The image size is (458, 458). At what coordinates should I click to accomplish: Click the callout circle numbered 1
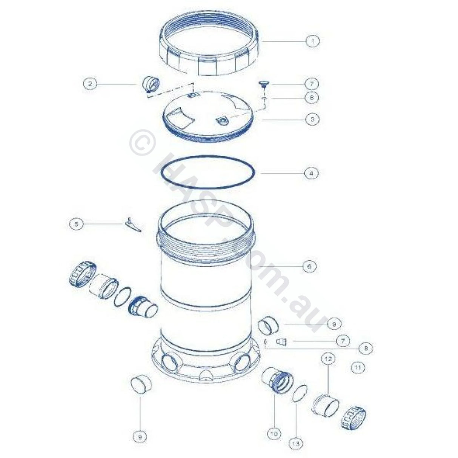click(x=312, y=41)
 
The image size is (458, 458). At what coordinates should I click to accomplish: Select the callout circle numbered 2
click(x=90, y=83)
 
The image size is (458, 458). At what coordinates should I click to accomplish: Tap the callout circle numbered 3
click(x=312, y=119)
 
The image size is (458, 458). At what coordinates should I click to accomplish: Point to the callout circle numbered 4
click(x=311, y=174)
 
